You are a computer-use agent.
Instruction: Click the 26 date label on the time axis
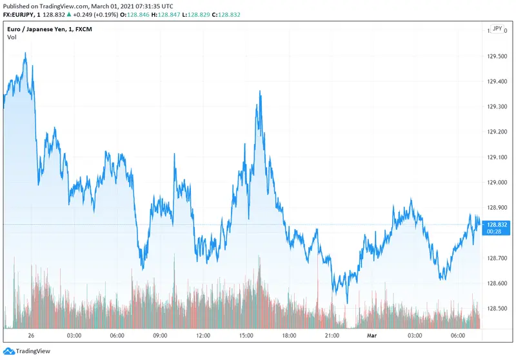pos(31,335)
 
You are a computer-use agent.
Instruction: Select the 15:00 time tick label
pos(246,335)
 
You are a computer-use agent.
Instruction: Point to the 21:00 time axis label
pos(332,335)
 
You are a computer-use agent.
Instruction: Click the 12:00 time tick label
pos(203,335)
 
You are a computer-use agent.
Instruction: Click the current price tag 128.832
pos(498,225)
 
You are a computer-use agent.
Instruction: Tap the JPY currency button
pos(497,29)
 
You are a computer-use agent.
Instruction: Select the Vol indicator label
pos(12,37)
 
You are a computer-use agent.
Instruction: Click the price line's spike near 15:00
pos(260,92)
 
